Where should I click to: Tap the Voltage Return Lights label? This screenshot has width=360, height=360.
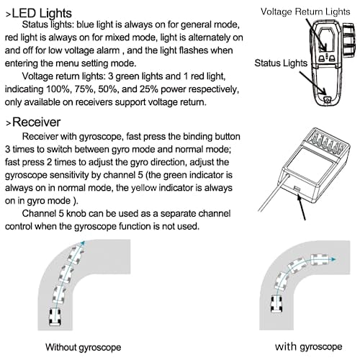305,12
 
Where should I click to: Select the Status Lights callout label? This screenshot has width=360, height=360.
281,63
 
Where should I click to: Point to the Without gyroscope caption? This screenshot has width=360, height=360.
84,347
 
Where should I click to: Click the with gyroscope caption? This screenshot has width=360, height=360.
309,347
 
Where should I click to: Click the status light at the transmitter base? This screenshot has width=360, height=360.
327,99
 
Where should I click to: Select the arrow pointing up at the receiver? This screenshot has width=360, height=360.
302,207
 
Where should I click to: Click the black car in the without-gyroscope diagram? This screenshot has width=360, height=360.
55,317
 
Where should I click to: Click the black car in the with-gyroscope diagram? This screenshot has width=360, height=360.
276,304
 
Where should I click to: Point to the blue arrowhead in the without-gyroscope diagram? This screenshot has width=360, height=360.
83,243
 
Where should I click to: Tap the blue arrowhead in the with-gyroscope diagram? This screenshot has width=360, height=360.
333,259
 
